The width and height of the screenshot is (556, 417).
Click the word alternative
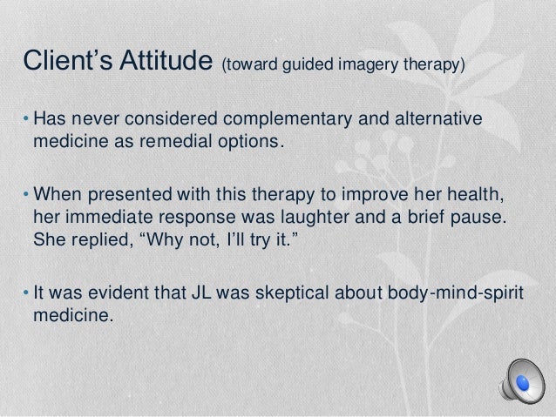click(x=435, y=119)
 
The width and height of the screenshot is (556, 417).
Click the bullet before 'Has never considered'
click(x=27, y=119)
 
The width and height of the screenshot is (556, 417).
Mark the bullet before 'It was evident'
click(x=27, y=291)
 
